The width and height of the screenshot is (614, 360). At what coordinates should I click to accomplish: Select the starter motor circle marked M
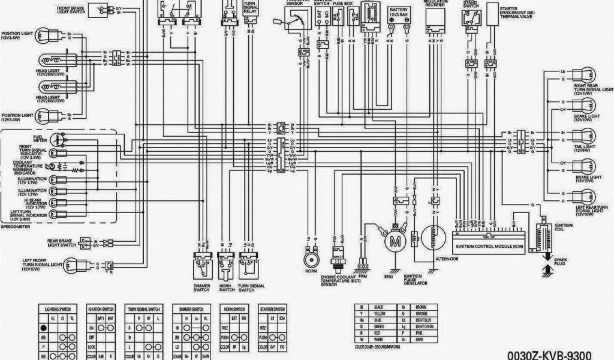coord(395,241)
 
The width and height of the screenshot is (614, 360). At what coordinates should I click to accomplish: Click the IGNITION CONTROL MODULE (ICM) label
coord(487,244)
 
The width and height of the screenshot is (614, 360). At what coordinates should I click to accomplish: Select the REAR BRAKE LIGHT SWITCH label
coord(61,243)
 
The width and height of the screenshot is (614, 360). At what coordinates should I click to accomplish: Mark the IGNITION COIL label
coord(564,227)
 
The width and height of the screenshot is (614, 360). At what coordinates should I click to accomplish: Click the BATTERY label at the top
coord(400,10)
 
